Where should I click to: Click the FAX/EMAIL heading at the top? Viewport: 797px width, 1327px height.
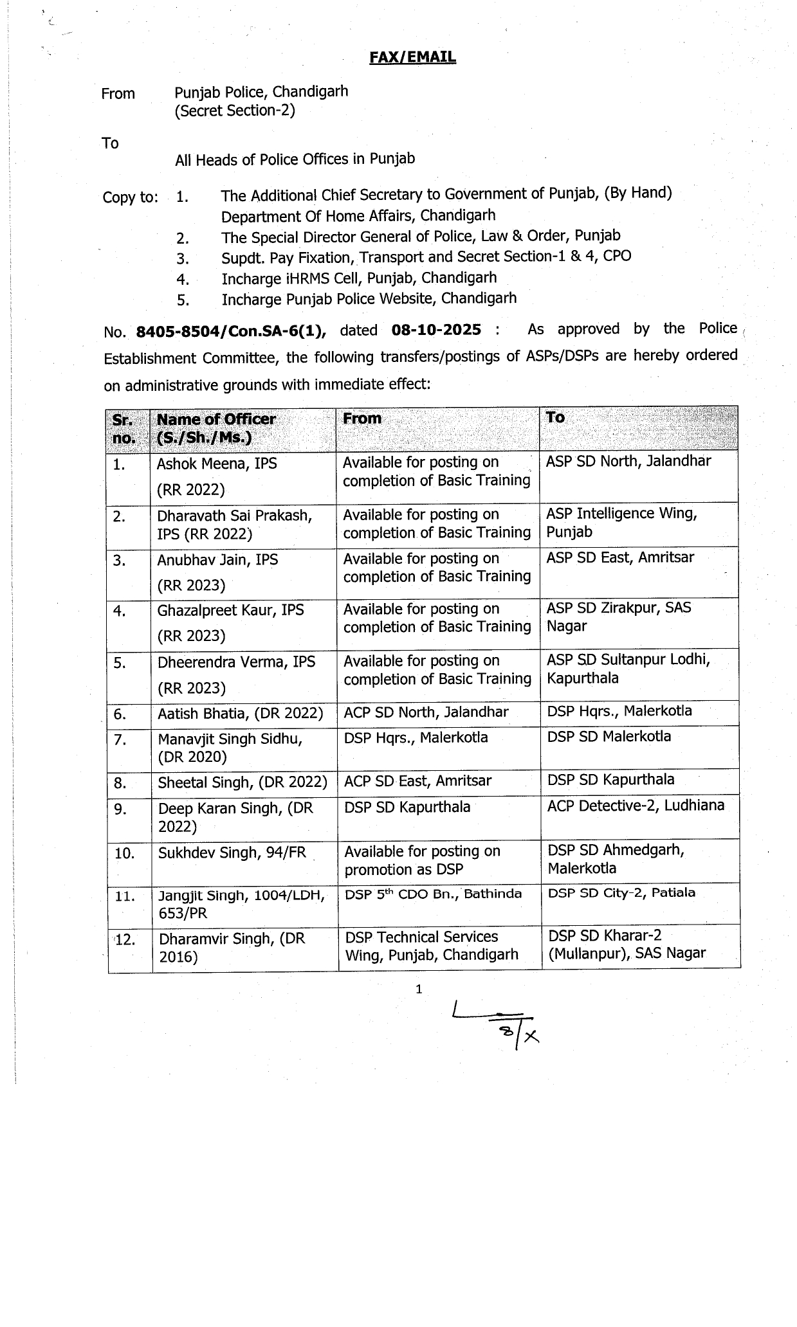(x=412, y=57)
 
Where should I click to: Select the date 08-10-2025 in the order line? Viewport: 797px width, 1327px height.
(x=435, y=330)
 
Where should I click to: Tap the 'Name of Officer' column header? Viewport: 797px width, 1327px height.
(x=216, y=428)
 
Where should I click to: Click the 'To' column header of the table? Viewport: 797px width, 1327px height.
(x=555, y=418)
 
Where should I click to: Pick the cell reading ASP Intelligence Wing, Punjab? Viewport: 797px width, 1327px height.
(x=621, y=523)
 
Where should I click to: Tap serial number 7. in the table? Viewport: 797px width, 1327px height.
(x=120, y=740)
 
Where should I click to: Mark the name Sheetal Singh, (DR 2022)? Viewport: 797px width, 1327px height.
(x=243, y=782)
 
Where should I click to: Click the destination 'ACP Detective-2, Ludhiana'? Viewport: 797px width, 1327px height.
(x=636, y=806)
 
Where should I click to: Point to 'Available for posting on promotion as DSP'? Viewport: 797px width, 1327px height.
(x=422, y=860)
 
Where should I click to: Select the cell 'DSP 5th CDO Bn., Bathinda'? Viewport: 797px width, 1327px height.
(x=433, y=894)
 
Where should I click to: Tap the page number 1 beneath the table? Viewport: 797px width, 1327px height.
(x=419, y=989)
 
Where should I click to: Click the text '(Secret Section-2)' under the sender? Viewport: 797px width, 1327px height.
(x=235, y=111)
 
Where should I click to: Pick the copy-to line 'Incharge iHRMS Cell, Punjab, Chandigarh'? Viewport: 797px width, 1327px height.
(x=359, y=278)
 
